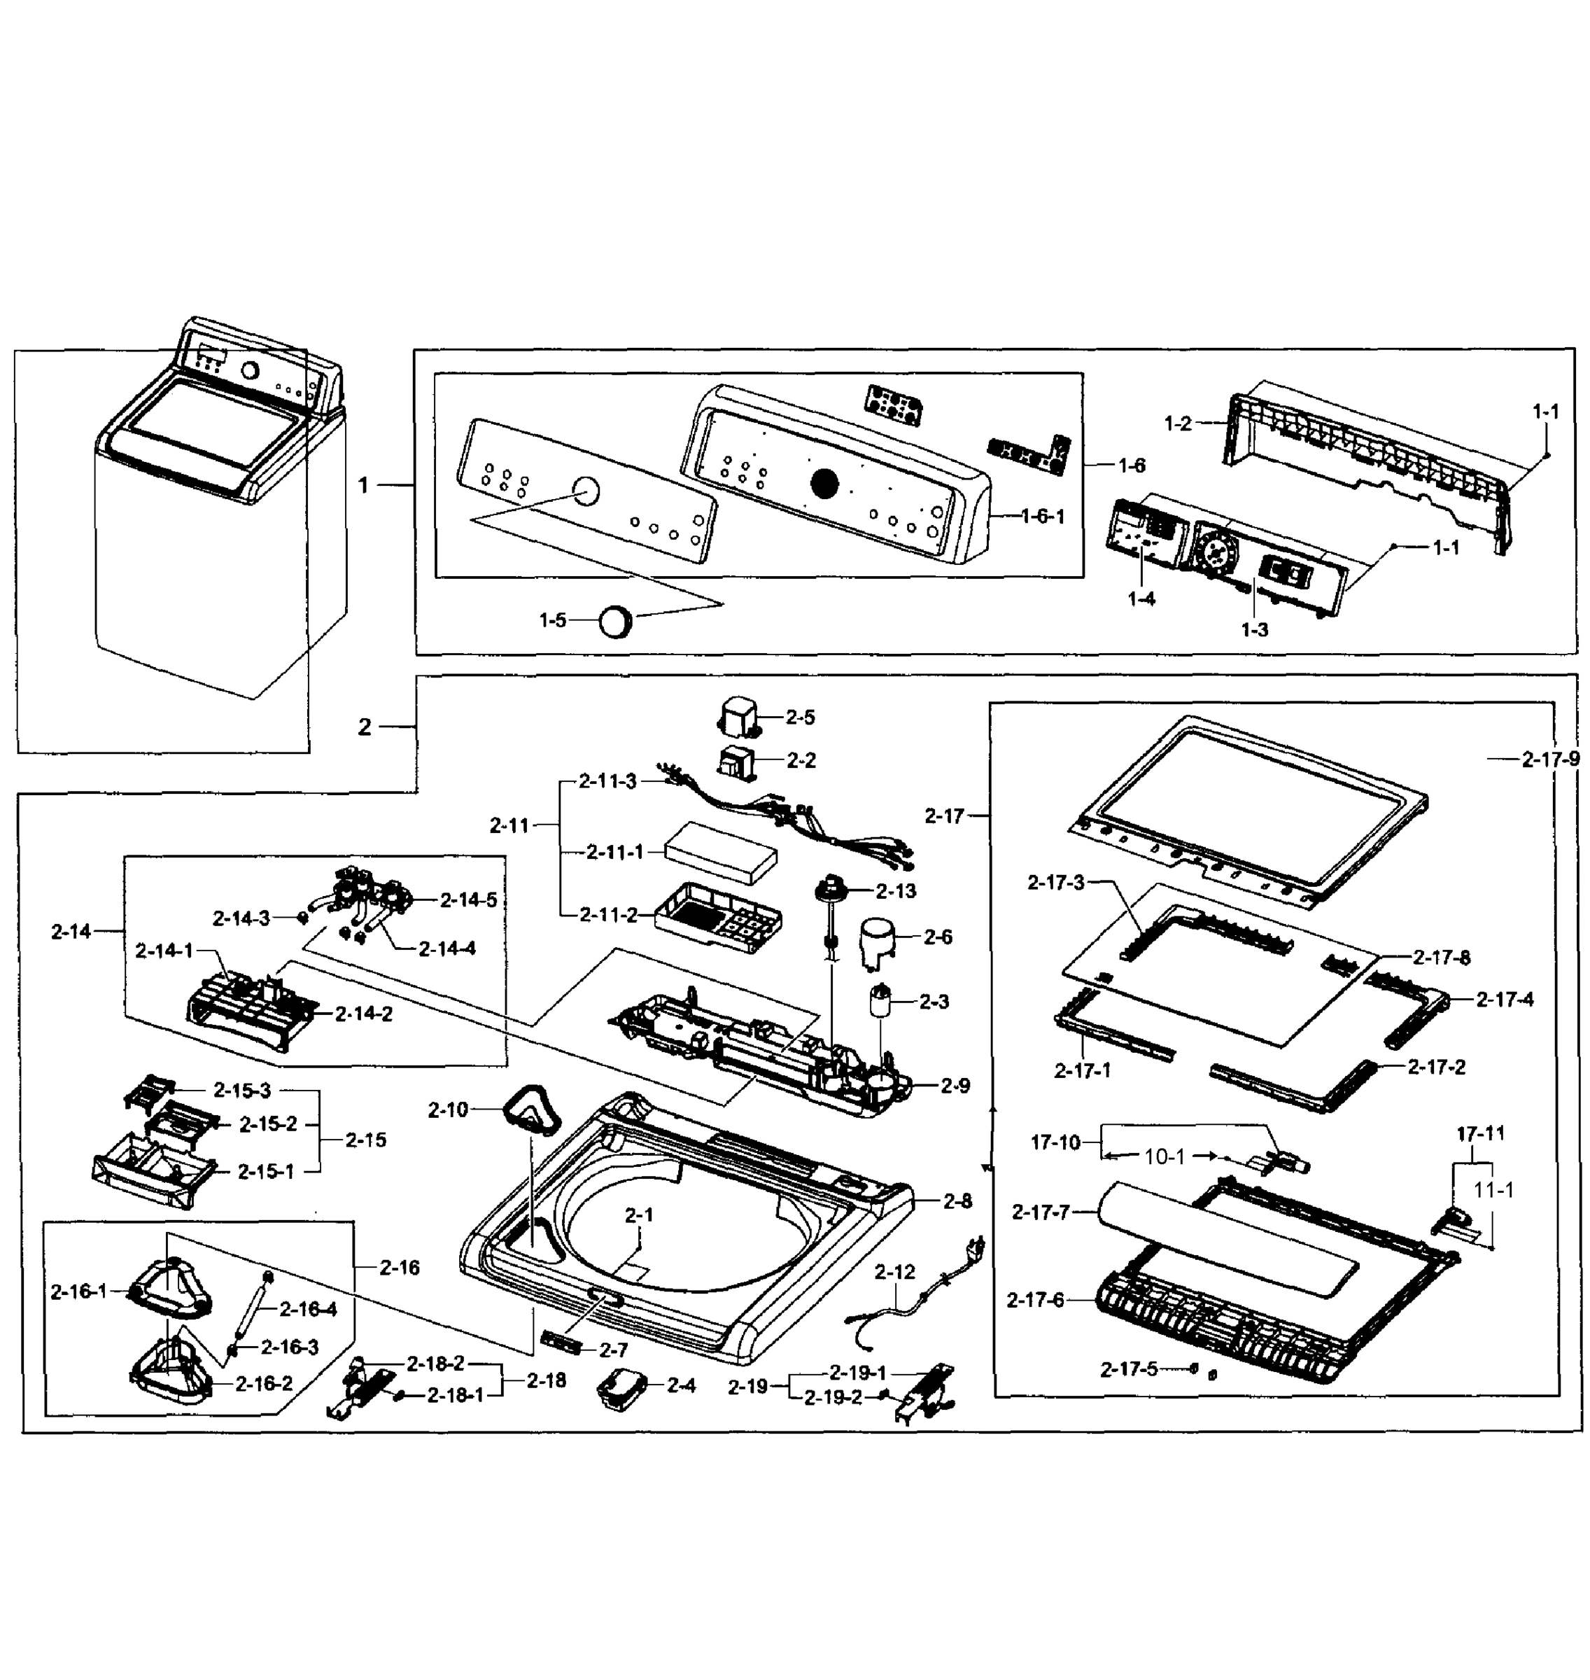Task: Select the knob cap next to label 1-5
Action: coord(616,622)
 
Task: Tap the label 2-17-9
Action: coord(1550,759)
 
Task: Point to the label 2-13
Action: coord(896,891)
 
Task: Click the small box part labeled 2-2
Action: coord(735,762)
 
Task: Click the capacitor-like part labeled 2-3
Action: coord(882,1002)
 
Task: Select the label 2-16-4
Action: coord(308,1310)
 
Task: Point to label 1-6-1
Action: coord(1043,516)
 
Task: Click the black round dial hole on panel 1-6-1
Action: coord(824,484)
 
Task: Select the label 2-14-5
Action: coord(468,900)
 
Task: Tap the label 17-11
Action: coord(1480,1133)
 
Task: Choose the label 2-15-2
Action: coord(268,1124)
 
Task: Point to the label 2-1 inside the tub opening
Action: coord(639,1215)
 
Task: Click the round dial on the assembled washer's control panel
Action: coord(250,370)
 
